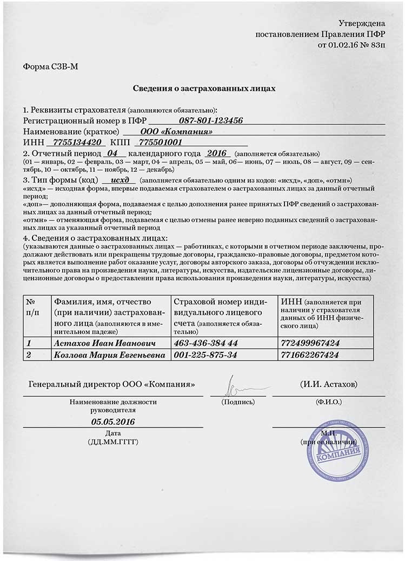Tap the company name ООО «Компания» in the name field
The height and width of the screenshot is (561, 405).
[176, 132]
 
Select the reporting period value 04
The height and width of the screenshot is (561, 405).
[112, 153]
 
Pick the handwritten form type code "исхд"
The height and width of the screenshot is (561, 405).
[118, 179]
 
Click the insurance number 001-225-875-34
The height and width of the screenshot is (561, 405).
[203, 355]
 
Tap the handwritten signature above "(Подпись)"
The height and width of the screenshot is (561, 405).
[234, 385]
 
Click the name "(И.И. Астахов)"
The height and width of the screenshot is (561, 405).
[328, 384]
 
